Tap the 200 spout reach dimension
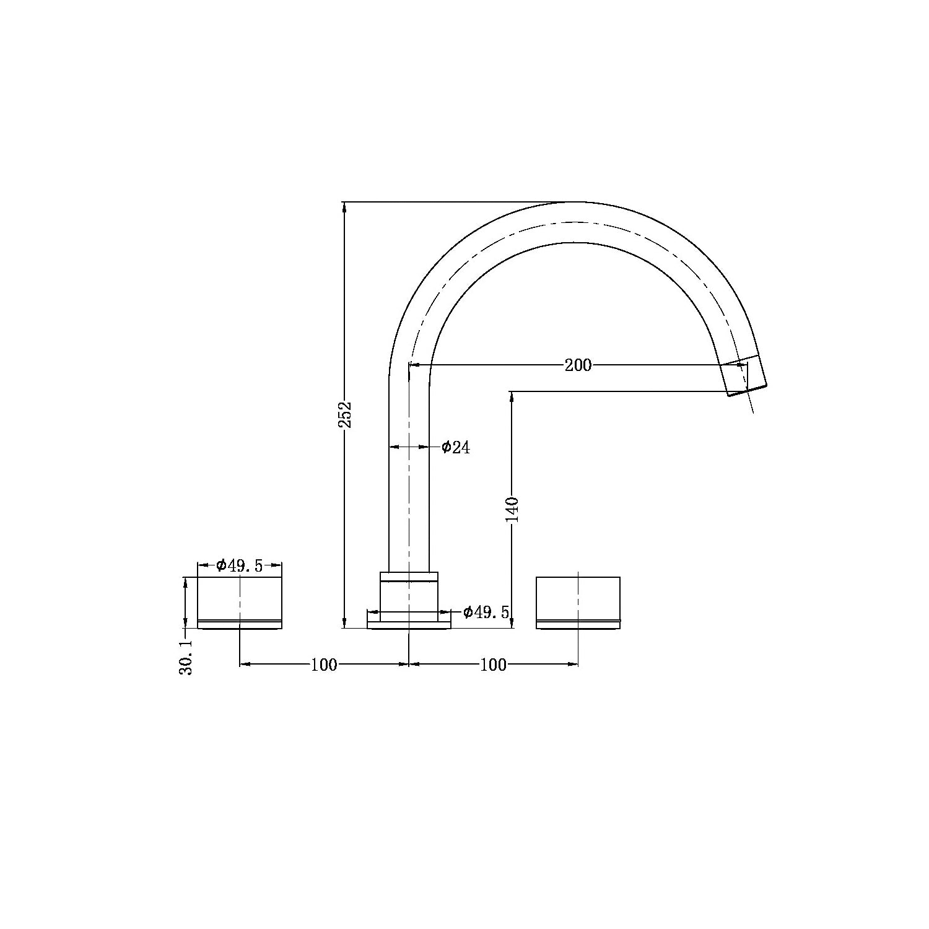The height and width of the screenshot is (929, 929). coord(578,365)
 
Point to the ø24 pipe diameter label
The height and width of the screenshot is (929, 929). coord(456,447)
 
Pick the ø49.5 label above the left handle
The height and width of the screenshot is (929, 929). coord(240,565)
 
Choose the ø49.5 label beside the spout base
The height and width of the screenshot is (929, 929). coord(486,613)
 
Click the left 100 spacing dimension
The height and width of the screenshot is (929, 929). coord(324,665)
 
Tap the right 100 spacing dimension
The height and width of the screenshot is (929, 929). coord(494,665)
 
